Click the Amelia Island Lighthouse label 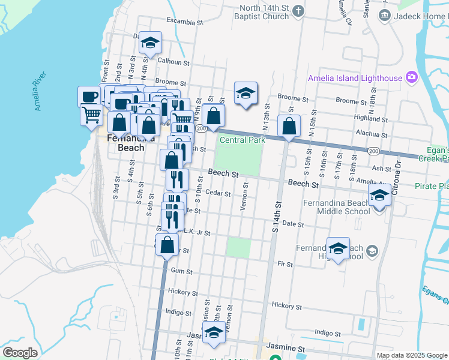pos(355,78)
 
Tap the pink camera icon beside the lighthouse pos(411,77)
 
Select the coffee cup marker pos(89,97)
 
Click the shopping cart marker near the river pos(91,114)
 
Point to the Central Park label pos(242,140)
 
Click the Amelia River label pos(40,91)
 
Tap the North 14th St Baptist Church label pos(265,13)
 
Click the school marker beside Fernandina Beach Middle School pos(379,196)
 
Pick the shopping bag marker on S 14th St pos(289,127)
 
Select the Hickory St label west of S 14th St pos(183,293)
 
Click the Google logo pos(20,353)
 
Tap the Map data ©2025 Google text pos(411,355)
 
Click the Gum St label pos(181,271)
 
